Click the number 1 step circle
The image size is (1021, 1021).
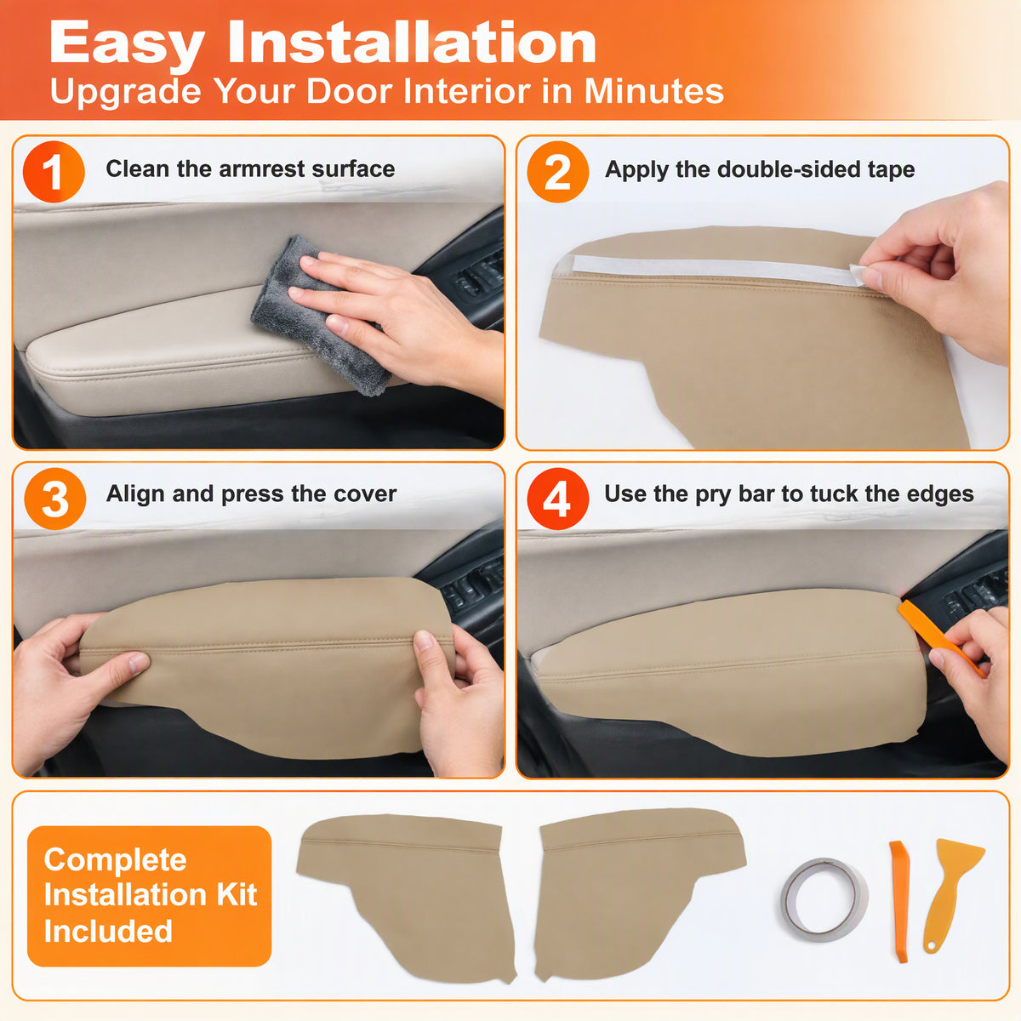tap(54, 172)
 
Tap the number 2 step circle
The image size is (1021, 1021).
tap(557, 172)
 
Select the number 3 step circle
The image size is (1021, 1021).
tap(55, 498)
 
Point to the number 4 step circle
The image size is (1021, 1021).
tap(557, 498)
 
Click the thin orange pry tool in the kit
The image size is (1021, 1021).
tap(899, 901)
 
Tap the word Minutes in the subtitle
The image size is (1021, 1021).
tap(653, 90)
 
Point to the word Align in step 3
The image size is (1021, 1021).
tap(135, 494)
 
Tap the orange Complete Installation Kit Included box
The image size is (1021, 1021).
tap(149, 896)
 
